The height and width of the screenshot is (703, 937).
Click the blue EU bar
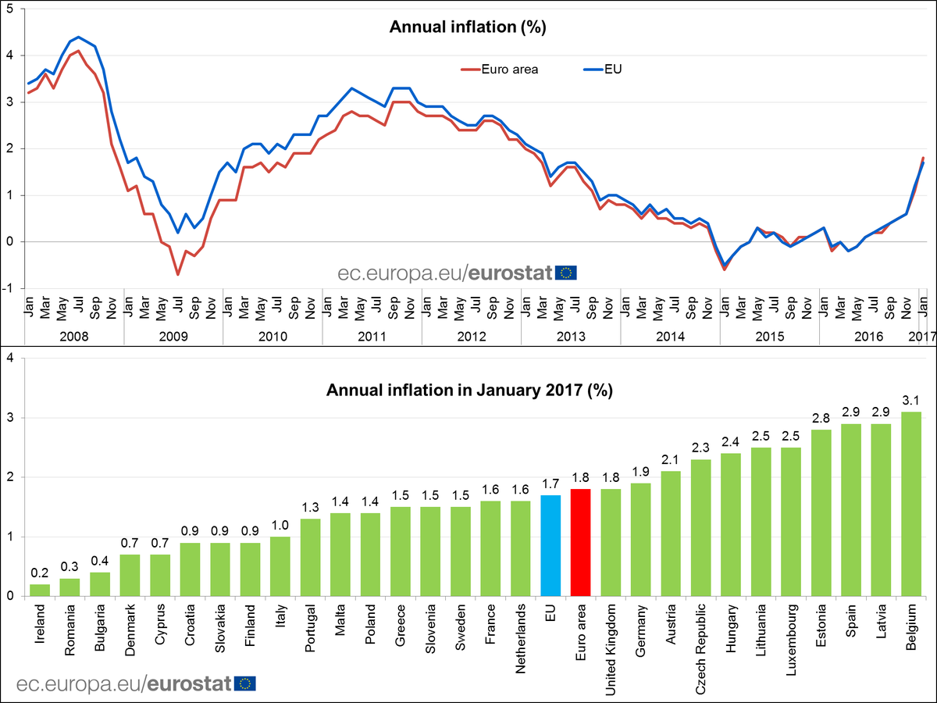pyautogui.click(x=550, y=545)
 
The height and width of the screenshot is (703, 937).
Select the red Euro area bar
pyautogui.click(x=581, y=542)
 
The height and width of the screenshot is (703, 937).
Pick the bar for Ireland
pyautogui.click(x=39, y=590)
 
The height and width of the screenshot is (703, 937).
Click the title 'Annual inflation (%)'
pyautogui.click(x=468, y=27)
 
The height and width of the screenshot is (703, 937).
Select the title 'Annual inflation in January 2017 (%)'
pyautogui.click(x=468, y=389)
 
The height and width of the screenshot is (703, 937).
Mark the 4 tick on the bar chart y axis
pyautogui.click(x=9, y=358)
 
